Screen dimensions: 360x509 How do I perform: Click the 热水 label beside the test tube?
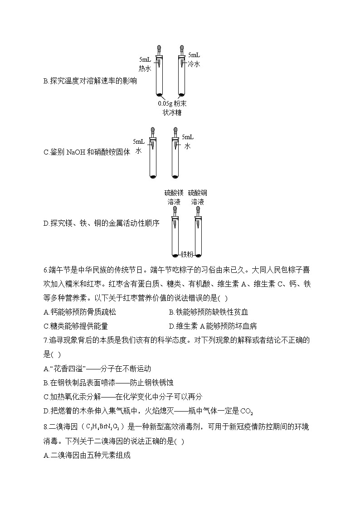[x=145, y=68]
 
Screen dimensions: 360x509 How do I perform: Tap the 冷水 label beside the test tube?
[x=194, y=64]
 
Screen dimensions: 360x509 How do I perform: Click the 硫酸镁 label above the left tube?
[x=173, y=193]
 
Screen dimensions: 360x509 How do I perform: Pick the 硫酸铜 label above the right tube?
[x=198, y=193]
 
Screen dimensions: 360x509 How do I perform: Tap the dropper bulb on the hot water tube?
[x=159, y=48]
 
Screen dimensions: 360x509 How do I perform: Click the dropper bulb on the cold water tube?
[x=182, y=48]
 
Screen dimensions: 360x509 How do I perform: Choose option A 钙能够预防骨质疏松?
[x=80, y=312]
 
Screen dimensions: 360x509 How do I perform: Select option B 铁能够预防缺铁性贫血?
[x=208, y=312]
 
